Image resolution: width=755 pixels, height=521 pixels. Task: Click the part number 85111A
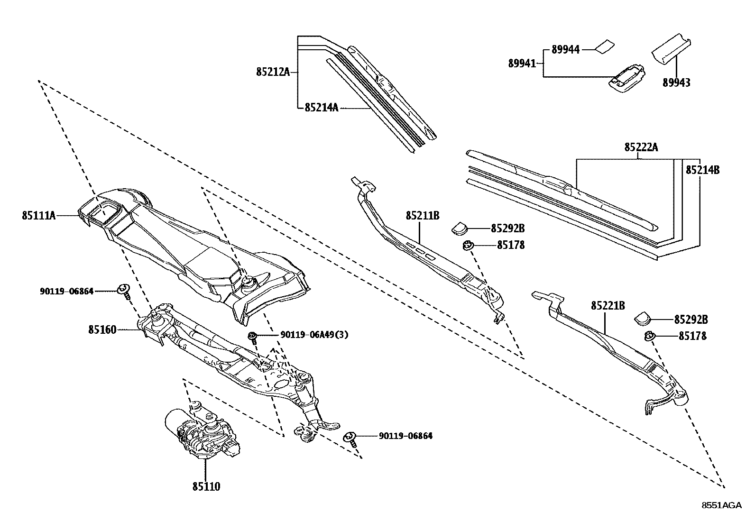coord(39,215)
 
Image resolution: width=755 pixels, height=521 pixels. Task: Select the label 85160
coord(102,329)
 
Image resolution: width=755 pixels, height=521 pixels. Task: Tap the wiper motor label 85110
coord(206,486)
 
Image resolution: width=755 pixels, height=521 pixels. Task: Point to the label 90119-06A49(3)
coord(314,335)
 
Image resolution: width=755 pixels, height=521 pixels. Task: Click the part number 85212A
coord(273,72)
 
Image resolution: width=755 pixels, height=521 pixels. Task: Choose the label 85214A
coord(321,108)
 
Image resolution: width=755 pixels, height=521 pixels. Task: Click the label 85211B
coord(423,216)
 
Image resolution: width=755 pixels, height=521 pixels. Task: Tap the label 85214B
coord(702,169)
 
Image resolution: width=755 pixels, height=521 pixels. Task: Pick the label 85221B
coord(608,306)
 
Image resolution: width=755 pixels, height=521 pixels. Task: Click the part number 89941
coord(522,63)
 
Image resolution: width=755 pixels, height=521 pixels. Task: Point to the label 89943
coord(676,82)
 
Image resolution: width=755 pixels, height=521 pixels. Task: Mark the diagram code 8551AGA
coord(721,505)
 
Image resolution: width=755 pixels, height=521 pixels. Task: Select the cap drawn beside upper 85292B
coord(459,228)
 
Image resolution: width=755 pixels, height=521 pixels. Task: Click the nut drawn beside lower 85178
coord(649,336)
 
